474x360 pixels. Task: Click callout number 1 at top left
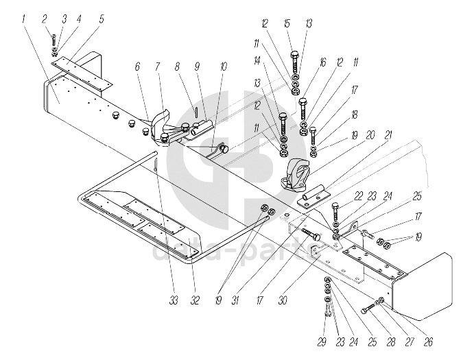click(23, 20)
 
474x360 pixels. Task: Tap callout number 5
click(102, 19)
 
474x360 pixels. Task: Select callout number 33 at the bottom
click(174, 300)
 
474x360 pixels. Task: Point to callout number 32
click(195, 300)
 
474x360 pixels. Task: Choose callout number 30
click(283, 300)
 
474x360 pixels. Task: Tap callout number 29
click(322, 342)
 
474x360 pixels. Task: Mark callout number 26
click(428, 342)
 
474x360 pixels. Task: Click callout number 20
click(370, 134)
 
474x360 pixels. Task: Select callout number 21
click(388, 135)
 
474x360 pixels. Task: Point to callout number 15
click(287, 23)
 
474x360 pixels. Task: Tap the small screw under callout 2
click(54, 40)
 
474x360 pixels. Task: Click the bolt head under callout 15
click(295, 56)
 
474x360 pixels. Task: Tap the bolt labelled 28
click(368, 308)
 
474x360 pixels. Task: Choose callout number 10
click(224, 67)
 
